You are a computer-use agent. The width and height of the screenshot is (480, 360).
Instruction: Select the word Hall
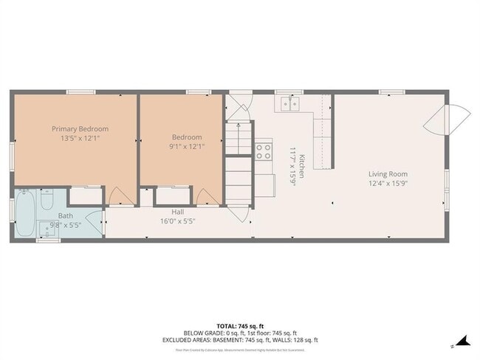click(178, 212)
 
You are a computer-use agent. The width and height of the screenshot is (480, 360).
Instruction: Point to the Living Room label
click(388, 174)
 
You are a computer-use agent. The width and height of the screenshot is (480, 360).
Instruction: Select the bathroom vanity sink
click(49, 229)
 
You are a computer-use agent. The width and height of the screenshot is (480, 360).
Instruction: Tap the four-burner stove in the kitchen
click(263, 151)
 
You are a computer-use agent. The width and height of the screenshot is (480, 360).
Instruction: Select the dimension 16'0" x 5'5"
click(178, 221)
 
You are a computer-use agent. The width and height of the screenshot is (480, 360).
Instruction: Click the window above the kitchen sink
click(284, 92)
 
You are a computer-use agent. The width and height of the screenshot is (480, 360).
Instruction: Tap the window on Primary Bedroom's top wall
click(78, 92)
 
